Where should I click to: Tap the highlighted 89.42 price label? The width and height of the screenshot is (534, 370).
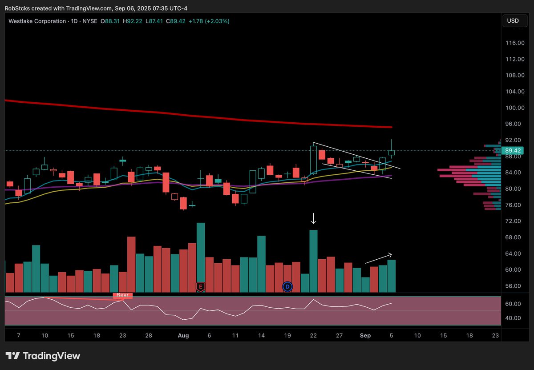point(512,151)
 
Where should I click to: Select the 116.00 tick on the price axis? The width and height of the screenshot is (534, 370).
point(515,43)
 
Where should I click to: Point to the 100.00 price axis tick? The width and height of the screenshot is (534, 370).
point(515,108)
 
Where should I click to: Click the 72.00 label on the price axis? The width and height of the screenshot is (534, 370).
point(513,221)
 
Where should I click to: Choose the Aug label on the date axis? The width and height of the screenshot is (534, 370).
point(183,335)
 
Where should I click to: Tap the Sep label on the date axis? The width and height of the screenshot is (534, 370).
point(365,335)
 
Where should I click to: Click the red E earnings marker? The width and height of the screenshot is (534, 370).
point(201,286)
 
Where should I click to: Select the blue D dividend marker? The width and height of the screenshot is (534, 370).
point(287,286)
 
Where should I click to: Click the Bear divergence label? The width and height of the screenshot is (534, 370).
point(122,295)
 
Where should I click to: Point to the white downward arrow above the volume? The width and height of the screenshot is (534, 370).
point(313,218)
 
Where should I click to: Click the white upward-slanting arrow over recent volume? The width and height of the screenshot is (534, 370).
point(379,258)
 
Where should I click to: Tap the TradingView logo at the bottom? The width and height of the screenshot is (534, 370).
point(43,356)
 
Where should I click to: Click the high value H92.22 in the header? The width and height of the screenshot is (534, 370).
point(133,21)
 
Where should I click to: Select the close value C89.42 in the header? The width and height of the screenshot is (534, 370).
point(176,21)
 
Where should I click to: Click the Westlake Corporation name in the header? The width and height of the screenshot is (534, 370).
point(37,21)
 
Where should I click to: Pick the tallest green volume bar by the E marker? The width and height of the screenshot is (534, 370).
point(201,257)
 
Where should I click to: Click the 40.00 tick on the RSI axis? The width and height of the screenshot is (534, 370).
point(513,318)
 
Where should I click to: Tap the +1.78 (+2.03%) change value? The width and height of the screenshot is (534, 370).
point(209,21)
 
